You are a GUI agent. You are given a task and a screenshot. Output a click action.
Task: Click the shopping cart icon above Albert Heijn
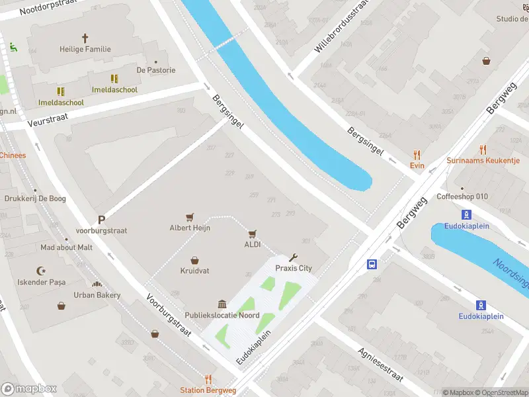190,216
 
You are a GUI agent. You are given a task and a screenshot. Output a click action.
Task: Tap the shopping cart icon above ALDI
252,234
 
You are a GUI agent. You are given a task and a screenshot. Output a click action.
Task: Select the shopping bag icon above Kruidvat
194,260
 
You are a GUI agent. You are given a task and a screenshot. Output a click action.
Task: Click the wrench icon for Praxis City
294,257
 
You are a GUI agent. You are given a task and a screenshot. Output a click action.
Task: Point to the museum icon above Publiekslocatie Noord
222,304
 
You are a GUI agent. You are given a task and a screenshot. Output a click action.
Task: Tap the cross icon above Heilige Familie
85,38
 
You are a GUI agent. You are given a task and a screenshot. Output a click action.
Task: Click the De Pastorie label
156,70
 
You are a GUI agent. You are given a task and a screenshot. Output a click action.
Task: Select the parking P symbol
101,220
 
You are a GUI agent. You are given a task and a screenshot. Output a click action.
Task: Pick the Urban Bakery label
97,295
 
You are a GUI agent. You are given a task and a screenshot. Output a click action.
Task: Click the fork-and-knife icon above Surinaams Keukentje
483,150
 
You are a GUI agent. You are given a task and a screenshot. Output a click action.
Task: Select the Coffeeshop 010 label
462,197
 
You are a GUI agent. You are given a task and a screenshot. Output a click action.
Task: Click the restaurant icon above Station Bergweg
208,379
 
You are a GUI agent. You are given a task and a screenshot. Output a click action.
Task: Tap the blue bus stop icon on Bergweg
372,265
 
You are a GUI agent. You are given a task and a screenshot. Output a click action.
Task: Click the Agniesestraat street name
380,365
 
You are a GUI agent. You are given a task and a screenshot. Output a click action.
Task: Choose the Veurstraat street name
48,120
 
